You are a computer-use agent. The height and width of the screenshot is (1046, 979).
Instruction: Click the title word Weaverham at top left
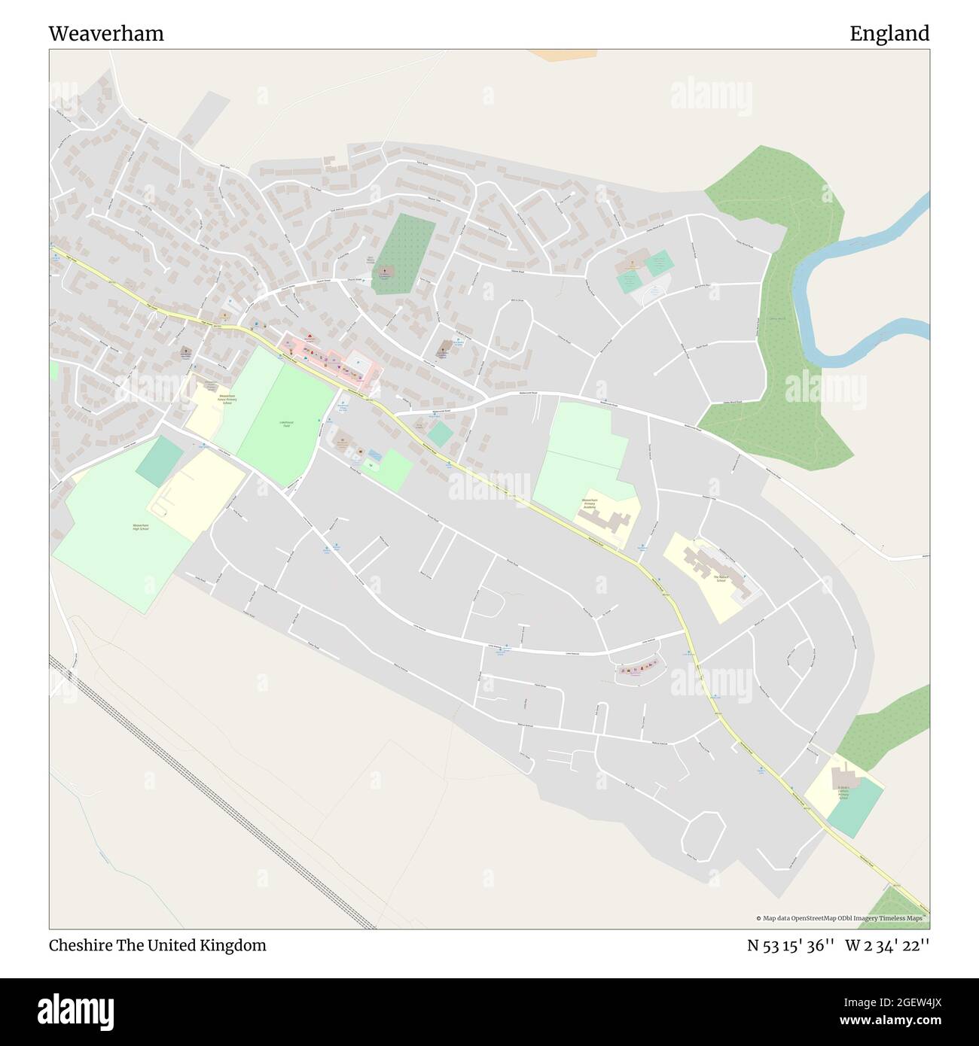(106, 34)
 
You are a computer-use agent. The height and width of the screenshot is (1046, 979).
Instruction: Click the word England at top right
(889, 34)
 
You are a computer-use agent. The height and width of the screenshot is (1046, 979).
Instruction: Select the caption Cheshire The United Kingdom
(157, 945)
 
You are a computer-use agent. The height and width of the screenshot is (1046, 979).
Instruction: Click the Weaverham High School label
(140, 527)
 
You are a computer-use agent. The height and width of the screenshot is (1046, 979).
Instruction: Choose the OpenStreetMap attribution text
(842, 918)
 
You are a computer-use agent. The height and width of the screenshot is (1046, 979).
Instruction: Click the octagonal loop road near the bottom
(703, 837)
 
